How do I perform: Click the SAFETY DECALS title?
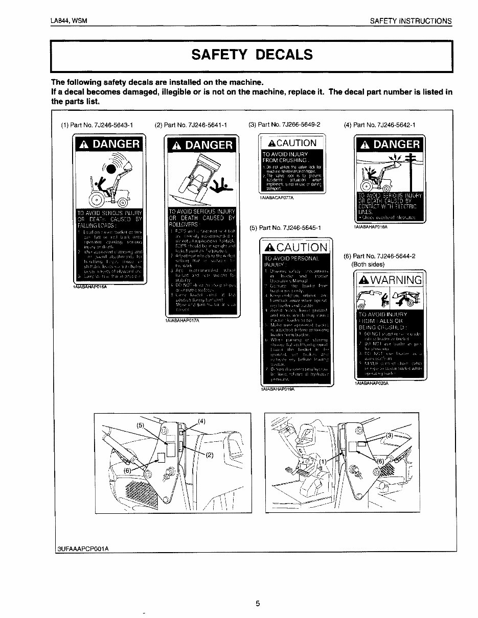[x=251, y=55]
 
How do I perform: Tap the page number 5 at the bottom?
[x=258, y=603]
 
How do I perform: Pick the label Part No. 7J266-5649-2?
[x=284, y=124]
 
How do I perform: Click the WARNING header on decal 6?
[x=390, y=280]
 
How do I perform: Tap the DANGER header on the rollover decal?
[x=202, y=145]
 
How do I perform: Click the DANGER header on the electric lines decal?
[x=390, y=145]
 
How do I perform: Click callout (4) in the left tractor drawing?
[x=201, y=421]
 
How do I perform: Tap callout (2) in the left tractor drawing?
[x=209, y=456]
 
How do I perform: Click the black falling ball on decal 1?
[x=111, y=168]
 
